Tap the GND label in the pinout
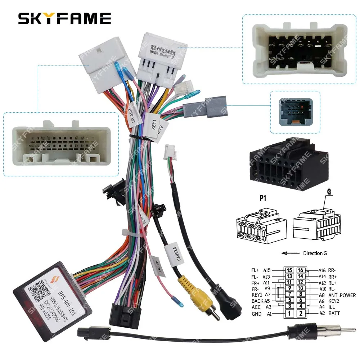(x=257, y=314)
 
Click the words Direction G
(x=315, y=253)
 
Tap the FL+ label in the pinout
(x=256, y=270)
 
